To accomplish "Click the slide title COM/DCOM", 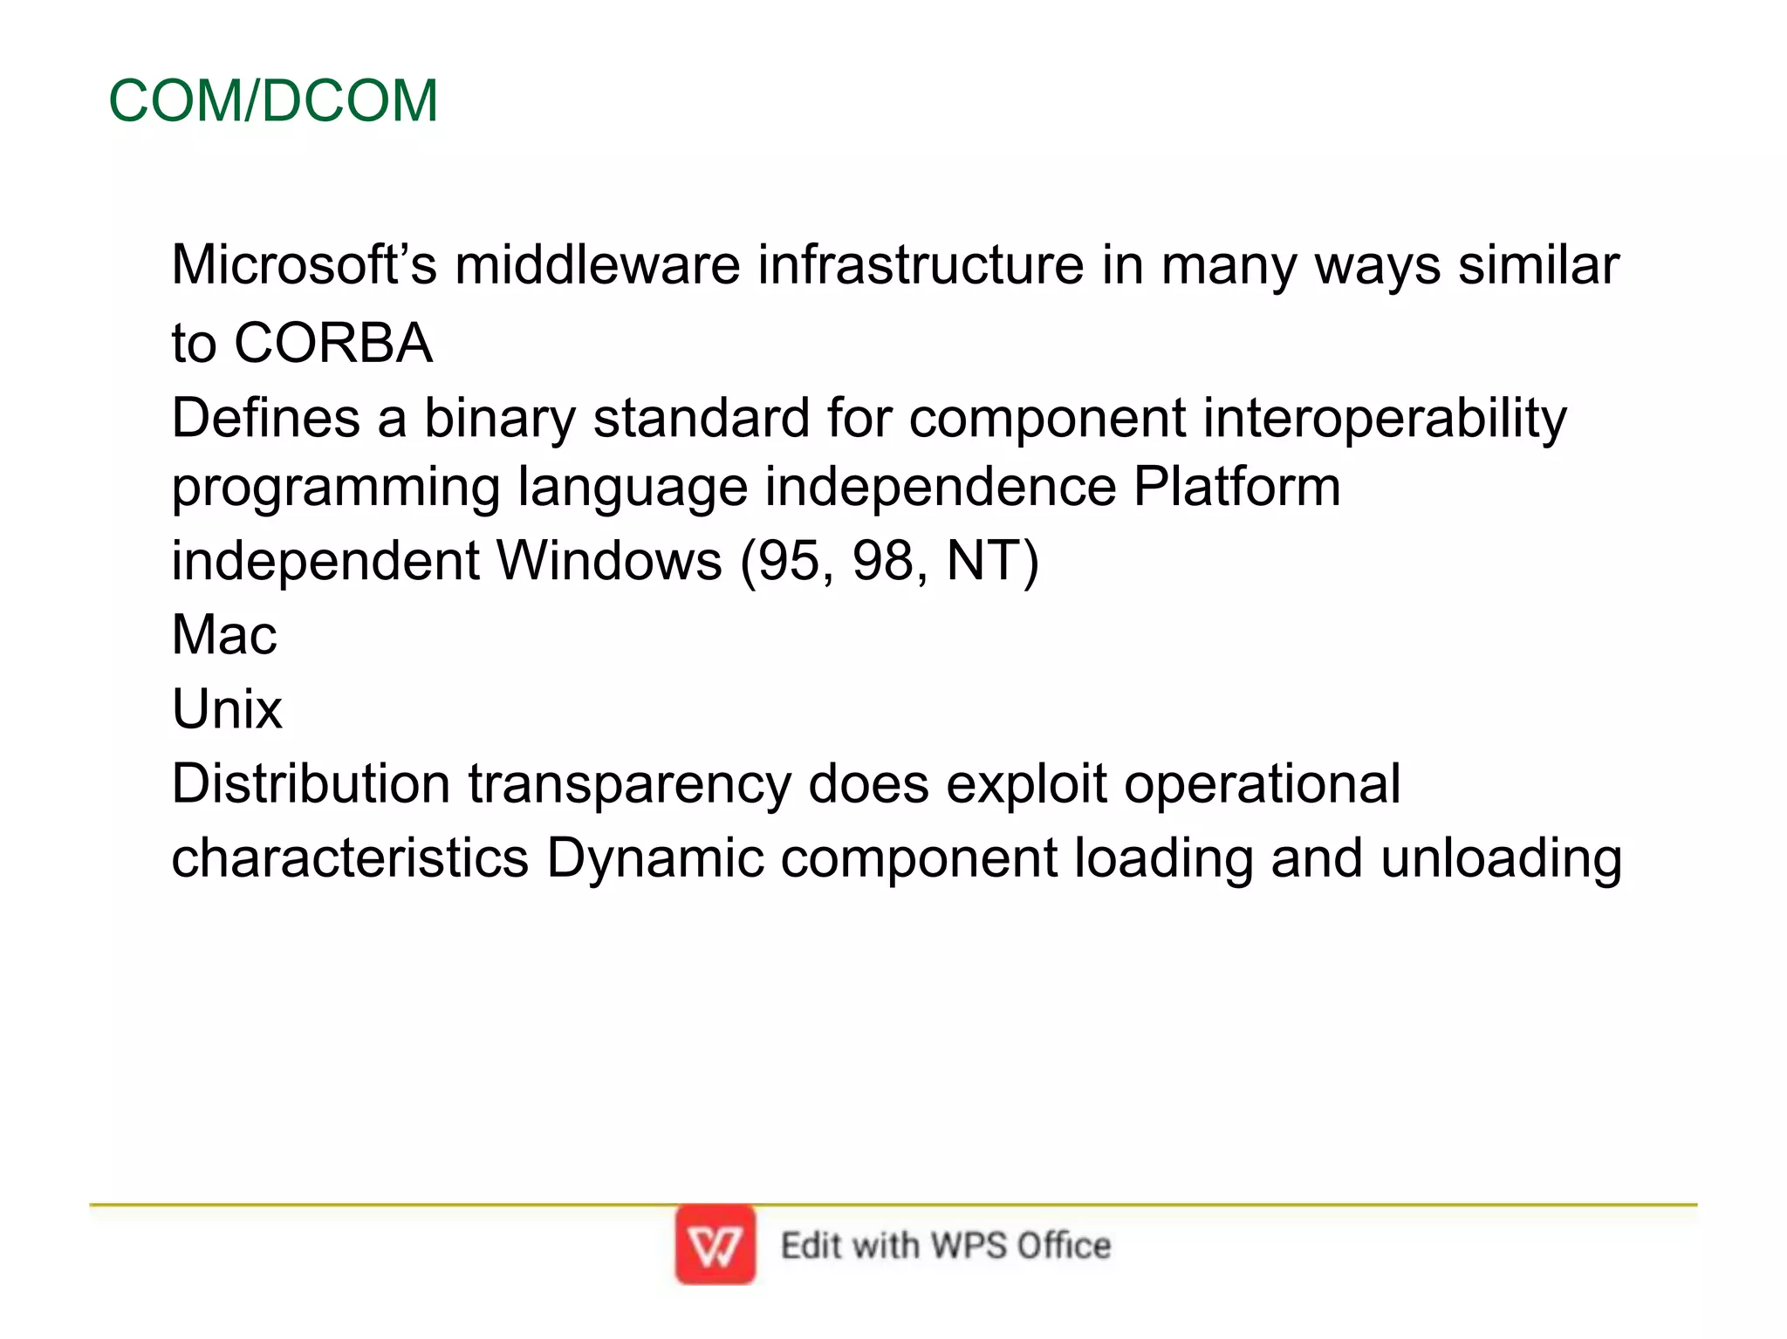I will pyautogui.click(x=272, y=101).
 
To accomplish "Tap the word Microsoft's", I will pyautogui.click(x=303, y=264).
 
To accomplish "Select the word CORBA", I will pyautogui.click(x=332, y=343).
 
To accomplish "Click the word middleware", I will pyautogui.click(x=597, y=264).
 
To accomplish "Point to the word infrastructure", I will pyautogui.click(x=921, y=264).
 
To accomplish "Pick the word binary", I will pyautogui.click(x=500, y=419).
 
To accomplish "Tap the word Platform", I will pyautogui.click(x=1236, y=487).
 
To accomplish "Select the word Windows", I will pyautogui.click(x=609, y=561).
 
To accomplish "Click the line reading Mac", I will pyautogui.click(x=224, y=635).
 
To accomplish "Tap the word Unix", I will pyautogui.click(x=227, y=709).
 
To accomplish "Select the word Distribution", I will pyautogui.click(x=311, y=783).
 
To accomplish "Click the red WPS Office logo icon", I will pyautogui.click(x=715, y=1245).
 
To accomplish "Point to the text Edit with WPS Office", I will pyautogui.click(x=946, y=1246).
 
